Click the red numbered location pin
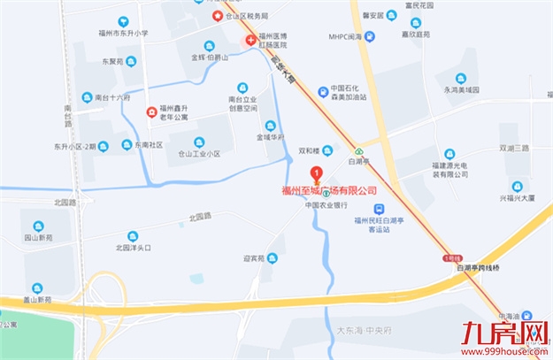pos(318,172)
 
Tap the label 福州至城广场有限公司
pos(328,189)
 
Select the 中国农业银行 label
pos(325,205)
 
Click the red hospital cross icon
pos(251,40)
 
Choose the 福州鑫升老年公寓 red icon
pos(152,112)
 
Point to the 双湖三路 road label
pos(513,148)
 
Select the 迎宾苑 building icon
pos(273,257)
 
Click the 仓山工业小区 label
pos(199,153)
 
